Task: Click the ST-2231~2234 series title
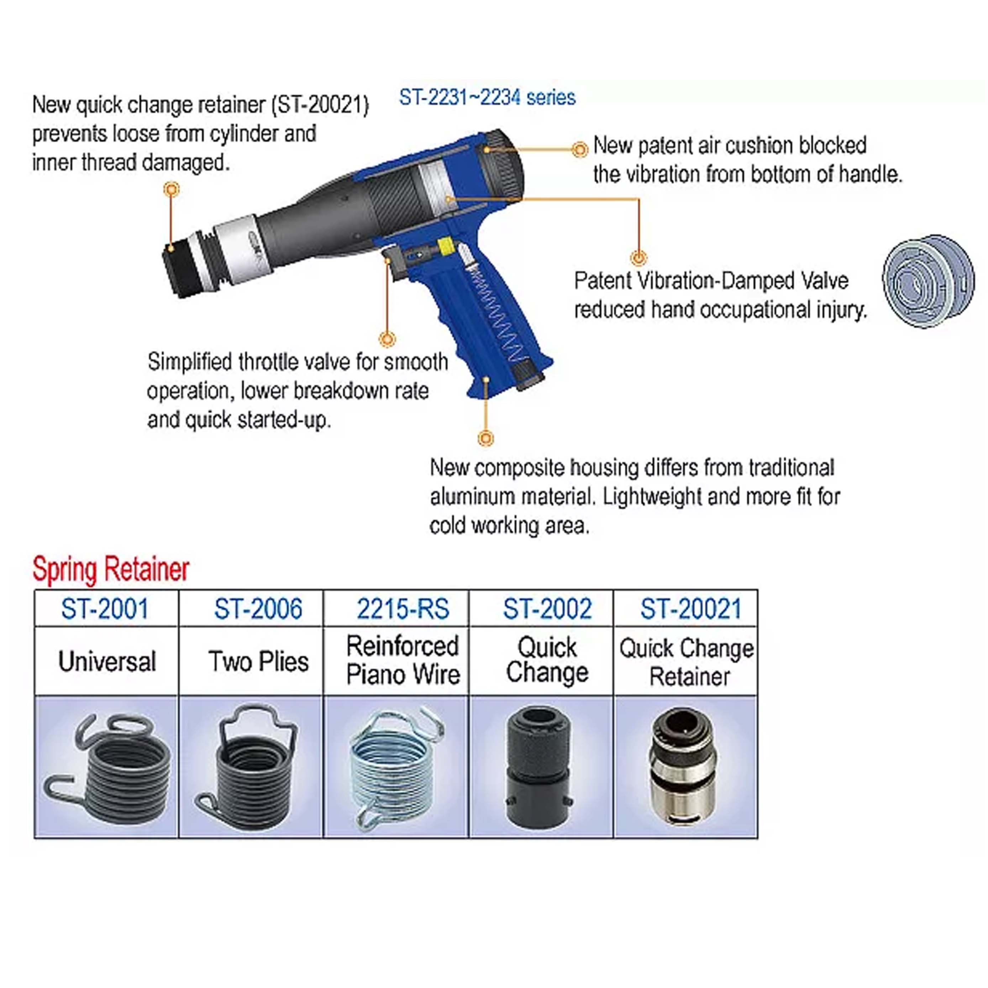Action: [487, 97]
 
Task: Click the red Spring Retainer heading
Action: [111, 569]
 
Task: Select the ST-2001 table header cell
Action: [105, 609]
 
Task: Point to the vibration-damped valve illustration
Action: [928, 281]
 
